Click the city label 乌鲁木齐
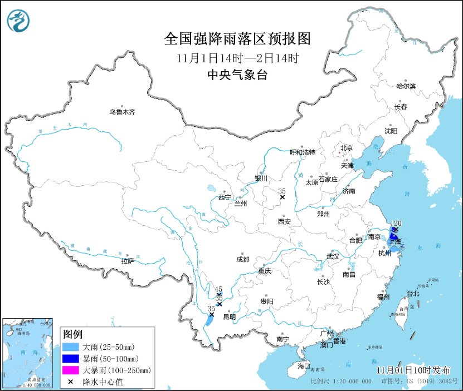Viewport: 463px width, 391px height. point(122,112)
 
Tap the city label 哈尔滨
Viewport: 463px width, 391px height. point(406,86)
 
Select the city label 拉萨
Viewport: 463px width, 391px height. point(127,261)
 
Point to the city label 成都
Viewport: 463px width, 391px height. point(242,259)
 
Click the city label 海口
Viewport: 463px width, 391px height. point(303,366)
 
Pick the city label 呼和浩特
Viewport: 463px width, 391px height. point(303,152)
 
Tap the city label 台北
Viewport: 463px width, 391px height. point(413,293)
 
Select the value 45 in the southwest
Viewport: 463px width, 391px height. point(218,289)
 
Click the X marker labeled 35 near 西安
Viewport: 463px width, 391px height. point(282,197)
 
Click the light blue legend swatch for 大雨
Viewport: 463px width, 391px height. point(71,347)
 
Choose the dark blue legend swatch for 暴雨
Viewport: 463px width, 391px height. point(71,358)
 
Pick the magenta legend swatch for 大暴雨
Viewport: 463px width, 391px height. point(71,370)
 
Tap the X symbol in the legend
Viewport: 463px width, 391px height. point(71,382)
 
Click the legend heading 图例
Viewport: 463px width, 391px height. point(72,334)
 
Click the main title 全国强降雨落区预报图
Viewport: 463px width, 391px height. point(237,39)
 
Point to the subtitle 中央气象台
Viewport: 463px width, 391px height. point(237,76)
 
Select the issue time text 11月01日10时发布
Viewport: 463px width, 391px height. point(413,370)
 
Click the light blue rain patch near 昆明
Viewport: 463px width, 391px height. point(209,320)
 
